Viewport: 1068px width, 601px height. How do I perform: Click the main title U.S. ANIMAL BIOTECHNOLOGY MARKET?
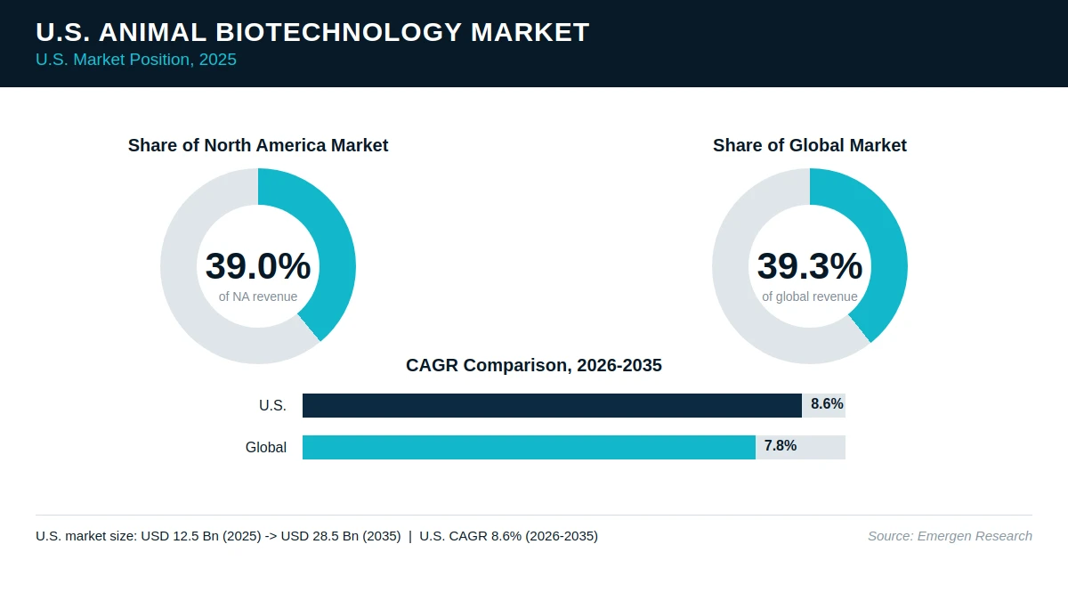[x=312, y=32]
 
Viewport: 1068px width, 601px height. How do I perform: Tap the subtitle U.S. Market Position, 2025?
[x=136, y=60]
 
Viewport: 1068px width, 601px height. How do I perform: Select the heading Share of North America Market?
[x=258, y=145]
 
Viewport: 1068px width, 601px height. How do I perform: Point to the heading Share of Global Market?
[x=810, y=145]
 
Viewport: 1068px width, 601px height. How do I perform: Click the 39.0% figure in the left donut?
[x=258, y=265]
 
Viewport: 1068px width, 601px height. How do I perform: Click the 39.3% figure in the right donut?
[x=810, y=265]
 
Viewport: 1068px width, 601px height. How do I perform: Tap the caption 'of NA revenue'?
[x=258, y=296]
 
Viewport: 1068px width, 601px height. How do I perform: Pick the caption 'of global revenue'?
[x=810, y=296]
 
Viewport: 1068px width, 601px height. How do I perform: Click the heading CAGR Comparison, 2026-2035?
[x=533, y=365]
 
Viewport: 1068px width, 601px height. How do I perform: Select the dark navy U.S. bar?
[x=552, y=405]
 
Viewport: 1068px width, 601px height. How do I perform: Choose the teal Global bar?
[x=529, y=447]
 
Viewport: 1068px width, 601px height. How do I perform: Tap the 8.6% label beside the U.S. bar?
[x=827, y=404]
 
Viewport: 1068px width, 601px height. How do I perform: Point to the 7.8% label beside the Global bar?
[x=780, y=445]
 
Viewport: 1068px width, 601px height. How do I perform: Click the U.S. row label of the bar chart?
[x=272, y=405]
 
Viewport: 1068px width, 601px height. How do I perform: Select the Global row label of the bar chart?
[x=265, y=447]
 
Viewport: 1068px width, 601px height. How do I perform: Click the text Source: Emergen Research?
[x=950, y=536]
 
